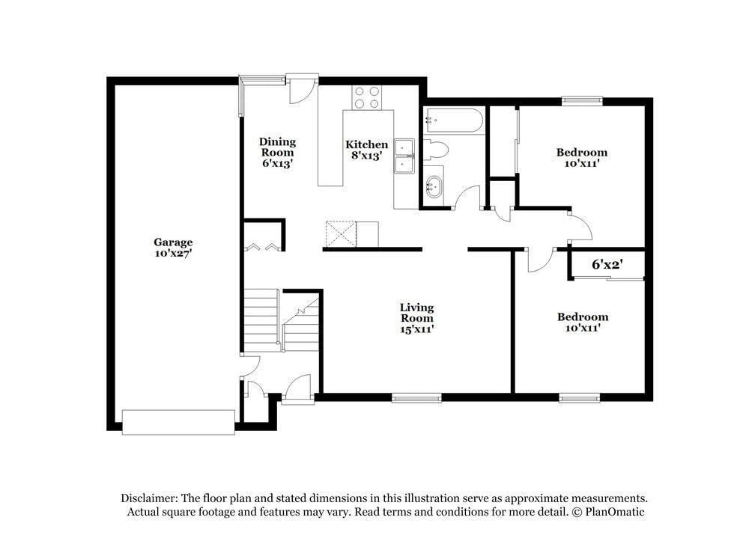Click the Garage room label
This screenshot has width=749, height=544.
coord(173,242)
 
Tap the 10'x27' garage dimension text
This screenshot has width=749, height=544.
coord(173,254)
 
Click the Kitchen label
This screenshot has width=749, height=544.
coord(366,144)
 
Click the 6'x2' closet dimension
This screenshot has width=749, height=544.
coord(607,264)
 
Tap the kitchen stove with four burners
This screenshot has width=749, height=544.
coord(367,98)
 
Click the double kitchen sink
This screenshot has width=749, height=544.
coord(404,156)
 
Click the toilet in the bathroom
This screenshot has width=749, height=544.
coord(434,150)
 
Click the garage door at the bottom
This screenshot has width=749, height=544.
coord(178,421)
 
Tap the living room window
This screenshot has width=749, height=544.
coord(416,398)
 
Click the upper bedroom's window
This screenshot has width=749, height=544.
coord(583,100)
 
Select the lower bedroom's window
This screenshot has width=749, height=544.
coord(580,398)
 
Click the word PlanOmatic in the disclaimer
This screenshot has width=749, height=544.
coord(613,512)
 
